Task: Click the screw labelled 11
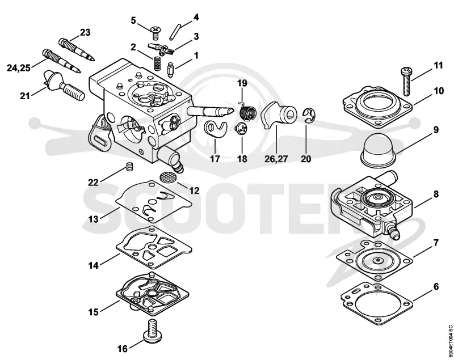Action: pyautogui.click(x=406, y=81)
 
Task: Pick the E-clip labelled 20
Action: pyautogui.click(x=309, y=115)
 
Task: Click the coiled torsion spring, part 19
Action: pyautogui.click(x=248, y=111)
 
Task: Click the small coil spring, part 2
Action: pyautogui.click(x=157, y=63)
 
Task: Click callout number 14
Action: pyautogui.click(x=93, y=265)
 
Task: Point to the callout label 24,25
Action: pyautogui.click(x=19, y=68)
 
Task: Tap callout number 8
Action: pyautogui.click(x=436, y=194)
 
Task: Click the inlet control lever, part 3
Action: pyautogui.click(x=161, y=49)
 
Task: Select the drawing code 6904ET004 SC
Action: pyautogui.click(x=450, y=341)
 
